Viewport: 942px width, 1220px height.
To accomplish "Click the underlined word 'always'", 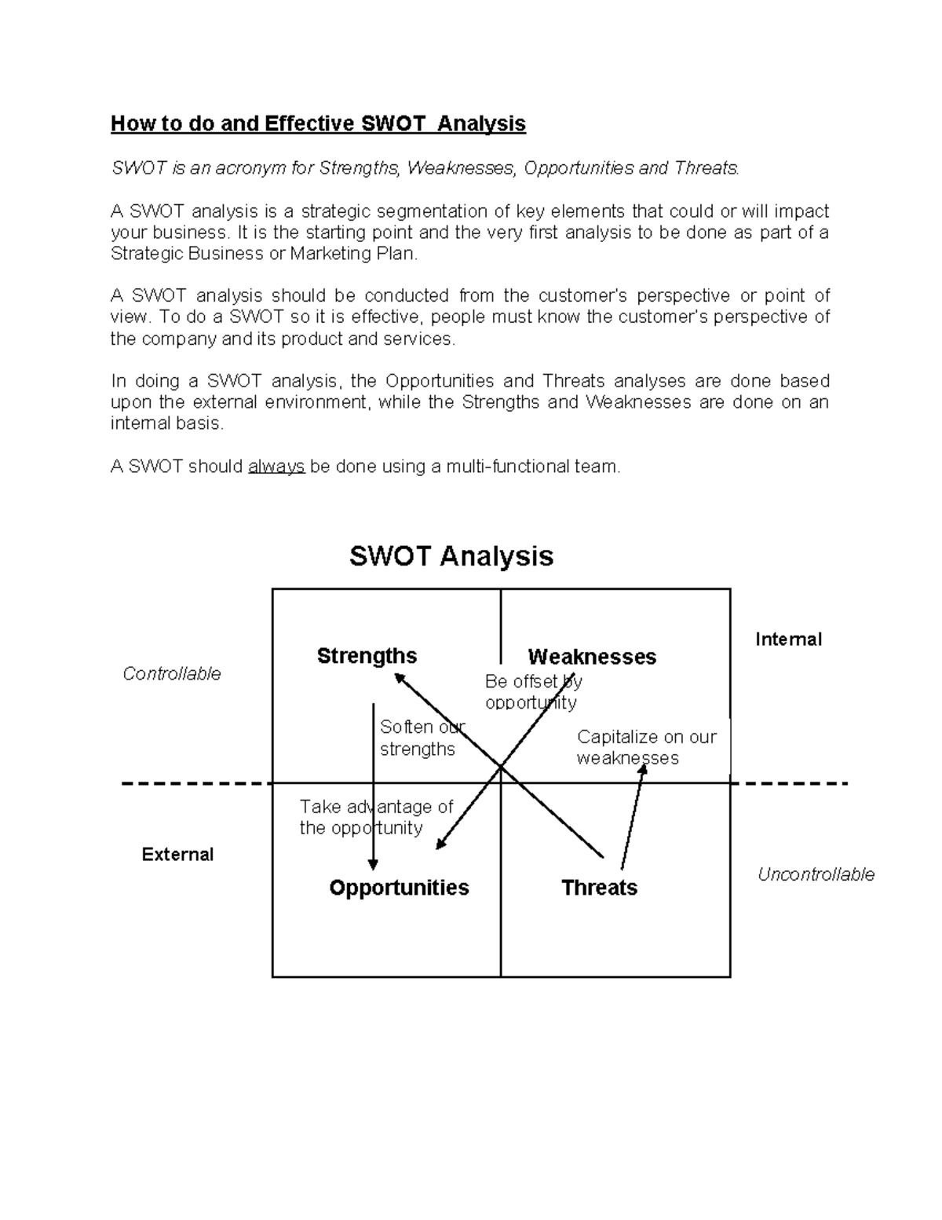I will [276, 467].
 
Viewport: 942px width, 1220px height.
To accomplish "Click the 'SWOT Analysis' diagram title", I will [451, 556].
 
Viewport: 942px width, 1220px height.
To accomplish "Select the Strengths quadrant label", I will [367, 656].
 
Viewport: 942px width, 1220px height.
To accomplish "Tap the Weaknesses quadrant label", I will [592, 657].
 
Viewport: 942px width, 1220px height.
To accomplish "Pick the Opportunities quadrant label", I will [399, 888].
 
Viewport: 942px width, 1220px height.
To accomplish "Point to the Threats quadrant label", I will [599, 888].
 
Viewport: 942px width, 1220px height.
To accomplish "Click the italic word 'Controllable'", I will [172, 674].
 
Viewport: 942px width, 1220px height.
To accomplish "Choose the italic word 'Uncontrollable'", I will [816, 874].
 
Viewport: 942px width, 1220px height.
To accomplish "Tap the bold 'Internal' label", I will [788, 639].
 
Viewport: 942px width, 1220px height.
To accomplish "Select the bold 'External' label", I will [177, 855].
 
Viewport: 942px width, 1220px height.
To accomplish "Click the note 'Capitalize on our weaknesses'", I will [646, 747].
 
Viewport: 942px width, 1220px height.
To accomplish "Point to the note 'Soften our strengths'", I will [422, 738].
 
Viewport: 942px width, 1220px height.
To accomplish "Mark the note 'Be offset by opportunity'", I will [533, 691].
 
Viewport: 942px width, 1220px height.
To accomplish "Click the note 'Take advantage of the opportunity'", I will [376, 817].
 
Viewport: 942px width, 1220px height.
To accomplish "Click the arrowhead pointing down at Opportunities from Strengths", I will [373, 864].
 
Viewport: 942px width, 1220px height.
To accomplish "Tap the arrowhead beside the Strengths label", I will [400, 677].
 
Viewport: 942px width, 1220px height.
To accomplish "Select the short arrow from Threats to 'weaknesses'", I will [633, 817].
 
